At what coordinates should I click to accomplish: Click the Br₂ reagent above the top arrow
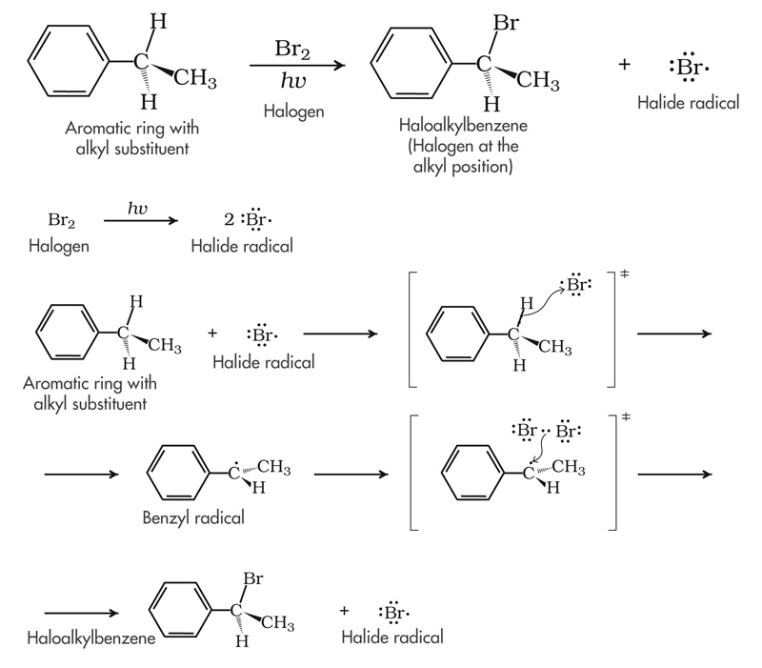coord(295,49)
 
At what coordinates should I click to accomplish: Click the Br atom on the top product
coord(507,23)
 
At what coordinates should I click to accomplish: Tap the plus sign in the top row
coord(625,65)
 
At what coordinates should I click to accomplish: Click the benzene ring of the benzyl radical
coord(177,475)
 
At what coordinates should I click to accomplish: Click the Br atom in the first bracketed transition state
coord(577,284)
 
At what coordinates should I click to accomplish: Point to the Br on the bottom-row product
coord(252,578)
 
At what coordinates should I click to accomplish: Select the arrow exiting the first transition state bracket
coord(673,334)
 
